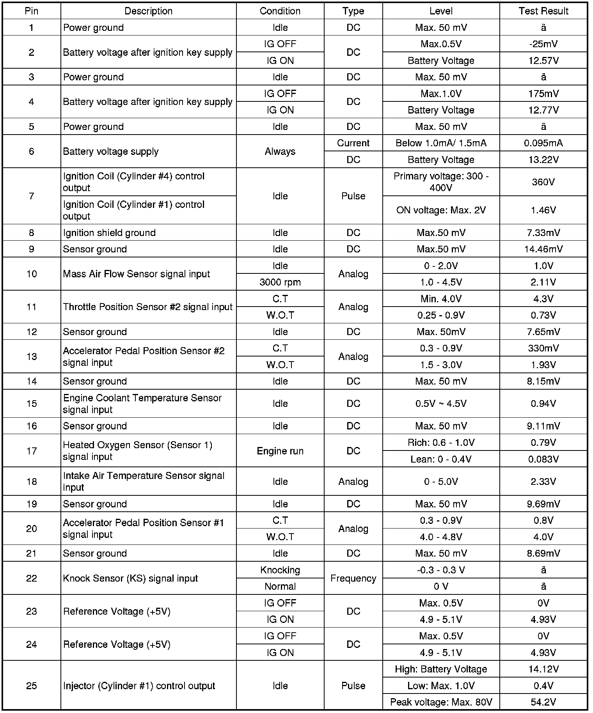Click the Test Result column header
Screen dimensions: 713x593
click(x=543, y=11)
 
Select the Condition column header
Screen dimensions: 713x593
click(x=280, y=11)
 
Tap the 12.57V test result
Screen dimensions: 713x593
click(x=543, y=60)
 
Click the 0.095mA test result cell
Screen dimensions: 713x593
click(x=543, y=143)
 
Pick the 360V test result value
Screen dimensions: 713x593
click(x=543, y=182)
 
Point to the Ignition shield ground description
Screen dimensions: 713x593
click(x=109, y=233)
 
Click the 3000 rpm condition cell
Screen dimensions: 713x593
click(x=280, y=282)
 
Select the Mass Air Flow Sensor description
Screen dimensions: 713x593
click(x=136, y=274)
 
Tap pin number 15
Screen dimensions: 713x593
click(x=32, y=403)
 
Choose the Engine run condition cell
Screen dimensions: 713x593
click(x=280, y=451)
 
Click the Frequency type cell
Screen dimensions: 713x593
click(x=353, y=578)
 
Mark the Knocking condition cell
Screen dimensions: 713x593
click(x=280, y=570)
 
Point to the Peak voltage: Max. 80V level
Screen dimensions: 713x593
click(x=441, y=702)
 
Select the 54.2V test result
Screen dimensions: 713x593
click(x=543, y=702)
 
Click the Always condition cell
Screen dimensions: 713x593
click(x=280, y=151)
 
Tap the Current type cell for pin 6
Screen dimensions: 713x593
click(x=353, y=143)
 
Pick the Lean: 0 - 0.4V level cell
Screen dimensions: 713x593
click(x=441, y=459)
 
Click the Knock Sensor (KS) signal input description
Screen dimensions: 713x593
click(x=130, y=578)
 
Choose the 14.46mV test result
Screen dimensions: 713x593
click(x=543, y=249)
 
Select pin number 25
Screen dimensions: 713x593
click(x=32, y=686)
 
